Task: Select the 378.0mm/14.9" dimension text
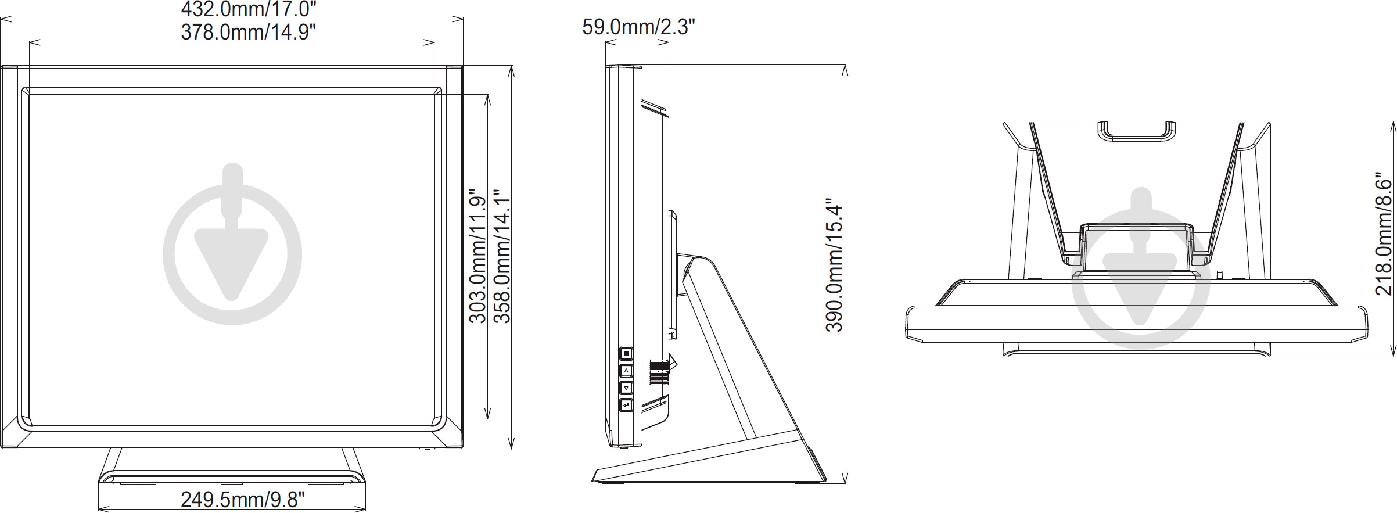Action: (x=248, y=32)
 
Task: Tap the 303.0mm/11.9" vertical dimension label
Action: (x=477, y=256)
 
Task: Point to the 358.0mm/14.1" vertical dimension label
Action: (x=501, y=256)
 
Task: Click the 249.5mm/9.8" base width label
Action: (x=243, y=499)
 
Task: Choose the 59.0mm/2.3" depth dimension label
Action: (x=638, y=27)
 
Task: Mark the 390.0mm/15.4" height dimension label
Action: (x=834, y=266)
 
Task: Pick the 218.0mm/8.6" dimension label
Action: (x=1384, y=237)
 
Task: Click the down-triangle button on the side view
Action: (x=626, y=388)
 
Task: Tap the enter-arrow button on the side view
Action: (x=626, y=405)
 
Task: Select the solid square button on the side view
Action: (x=626, y=353)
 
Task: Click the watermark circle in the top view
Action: (x=1141, y=279)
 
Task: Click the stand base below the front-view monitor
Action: (x=232, y=459)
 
